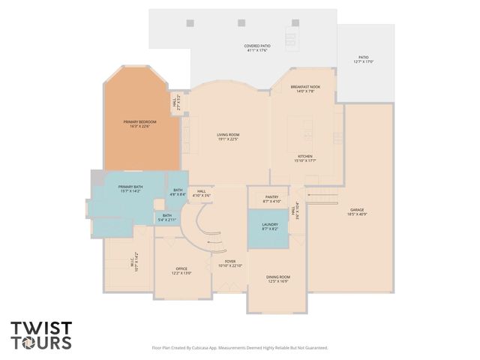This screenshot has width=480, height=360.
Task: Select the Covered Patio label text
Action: tap(257, 49)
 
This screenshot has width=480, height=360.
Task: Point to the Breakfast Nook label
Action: tap(305, 89)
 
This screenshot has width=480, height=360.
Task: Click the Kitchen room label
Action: tap(304, 158)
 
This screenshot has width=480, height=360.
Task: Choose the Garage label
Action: tap(357, 212)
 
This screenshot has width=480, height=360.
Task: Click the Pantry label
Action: tap(271, 199)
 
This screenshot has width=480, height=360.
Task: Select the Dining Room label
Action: tap(277, 279)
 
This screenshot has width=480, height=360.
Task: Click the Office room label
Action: tap(181, 271)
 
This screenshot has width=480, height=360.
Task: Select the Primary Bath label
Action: tap(130, 189)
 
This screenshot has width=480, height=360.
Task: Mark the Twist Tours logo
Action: tap(41, 335)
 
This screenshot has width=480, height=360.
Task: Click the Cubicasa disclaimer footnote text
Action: tap(240, 348)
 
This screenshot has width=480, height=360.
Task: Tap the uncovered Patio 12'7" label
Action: tap(364, 60)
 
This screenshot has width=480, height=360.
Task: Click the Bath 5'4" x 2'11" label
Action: tap(166, 218)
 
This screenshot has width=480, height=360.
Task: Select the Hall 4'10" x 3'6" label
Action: tap(201, 193)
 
